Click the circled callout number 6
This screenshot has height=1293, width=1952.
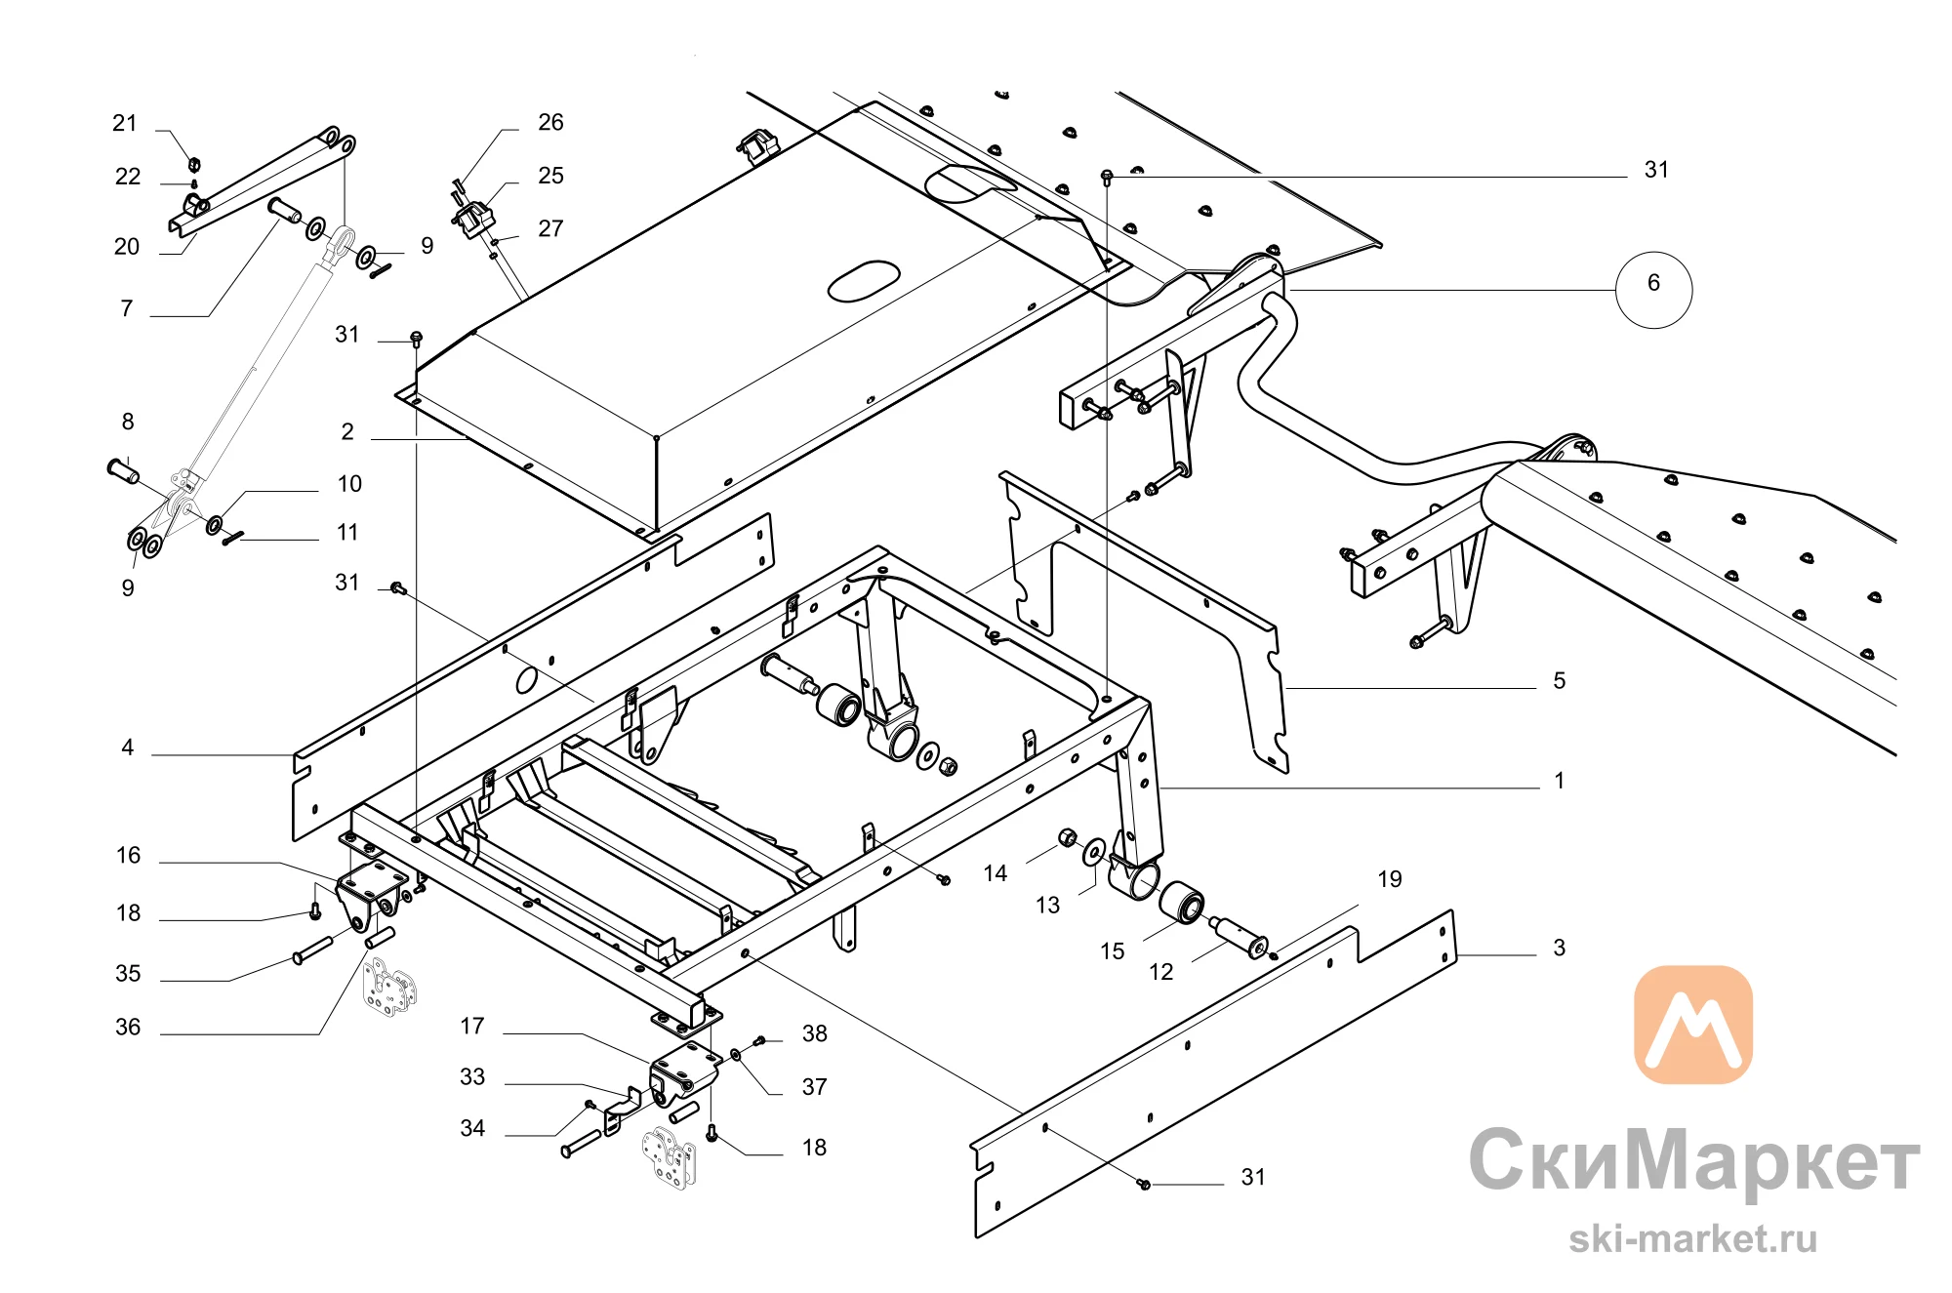1653,289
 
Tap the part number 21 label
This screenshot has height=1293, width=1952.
125,123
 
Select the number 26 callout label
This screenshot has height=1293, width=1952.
550,122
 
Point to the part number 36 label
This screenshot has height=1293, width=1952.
128,1027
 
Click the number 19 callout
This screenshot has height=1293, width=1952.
1389,879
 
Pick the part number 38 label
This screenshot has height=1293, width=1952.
814,1033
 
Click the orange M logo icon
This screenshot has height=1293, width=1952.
1693,1025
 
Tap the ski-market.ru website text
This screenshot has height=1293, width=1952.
1692,1239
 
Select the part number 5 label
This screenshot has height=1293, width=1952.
1559,680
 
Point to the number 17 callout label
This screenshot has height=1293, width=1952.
472,1026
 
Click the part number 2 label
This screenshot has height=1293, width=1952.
347,431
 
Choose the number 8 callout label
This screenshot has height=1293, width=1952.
128,422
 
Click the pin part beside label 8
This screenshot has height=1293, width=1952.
123,469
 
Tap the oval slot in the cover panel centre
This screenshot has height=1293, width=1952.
864,281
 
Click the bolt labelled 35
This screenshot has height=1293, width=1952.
312,950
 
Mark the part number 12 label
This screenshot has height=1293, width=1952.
1160,972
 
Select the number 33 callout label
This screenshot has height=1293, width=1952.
472,1076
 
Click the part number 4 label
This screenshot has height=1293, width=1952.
127,748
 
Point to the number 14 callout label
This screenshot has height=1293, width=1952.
995,873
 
